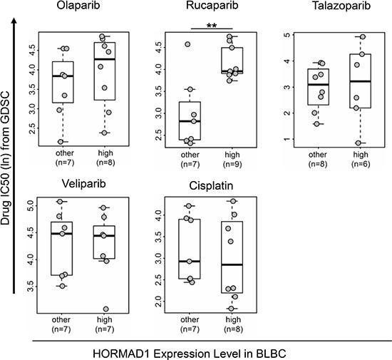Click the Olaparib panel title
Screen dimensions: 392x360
point(78,6)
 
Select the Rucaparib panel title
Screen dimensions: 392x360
point(212,6)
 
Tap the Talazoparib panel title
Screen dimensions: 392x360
point(341,6)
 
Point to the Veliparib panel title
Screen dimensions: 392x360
point(84,184)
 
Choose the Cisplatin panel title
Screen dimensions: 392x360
point(211,186)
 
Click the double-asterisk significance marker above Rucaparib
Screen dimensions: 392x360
point(212,26)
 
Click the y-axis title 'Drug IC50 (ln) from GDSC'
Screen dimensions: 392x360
point(5,158)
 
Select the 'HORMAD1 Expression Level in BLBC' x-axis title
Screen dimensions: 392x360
point(190,354)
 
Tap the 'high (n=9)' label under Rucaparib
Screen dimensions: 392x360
point(232,159)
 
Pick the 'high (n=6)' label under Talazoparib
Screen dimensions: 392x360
point(361,159)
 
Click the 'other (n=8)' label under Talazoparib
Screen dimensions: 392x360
point(317,159)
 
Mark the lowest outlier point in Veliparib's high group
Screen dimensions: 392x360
point(105,309)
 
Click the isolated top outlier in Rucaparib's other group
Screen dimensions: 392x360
point(187,44)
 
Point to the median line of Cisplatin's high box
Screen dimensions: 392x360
point(232,264)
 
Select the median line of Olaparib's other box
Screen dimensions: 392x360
point(63,76)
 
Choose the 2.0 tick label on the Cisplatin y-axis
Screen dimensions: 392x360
point(159,302)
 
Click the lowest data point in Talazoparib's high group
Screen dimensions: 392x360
point(359,143)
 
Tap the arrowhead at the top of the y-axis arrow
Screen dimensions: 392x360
point(14,21)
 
